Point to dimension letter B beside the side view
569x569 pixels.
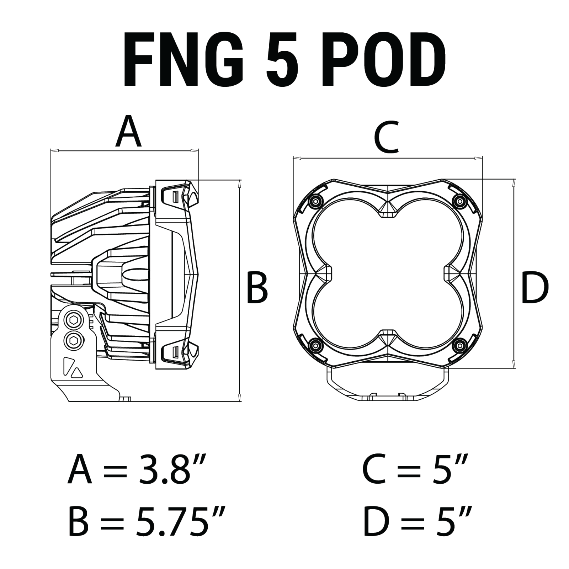[257, 288]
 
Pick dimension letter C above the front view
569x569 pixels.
[387, 138]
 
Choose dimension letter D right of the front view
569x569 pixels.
[535, 288]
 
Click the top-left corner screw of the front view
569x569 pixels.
[314, 201]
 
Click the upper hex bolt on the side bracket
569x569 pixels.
[74, 320]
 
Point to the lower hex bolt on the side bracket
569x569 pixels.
[74, 340]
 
